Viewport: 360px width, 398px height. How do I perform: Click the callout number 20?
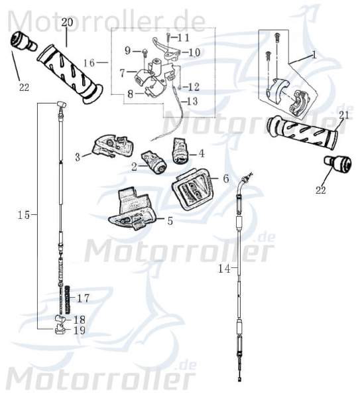coord(67,23)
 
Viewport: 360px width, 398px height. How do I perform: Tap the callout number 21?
coord(343,115)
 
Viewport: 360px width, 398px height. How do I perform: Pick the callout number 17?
coord(83,297)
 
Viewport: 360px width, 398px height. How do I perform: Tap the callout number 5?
coord(170,221)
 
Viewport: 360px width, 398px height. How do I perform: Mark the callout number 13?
coord(192,101)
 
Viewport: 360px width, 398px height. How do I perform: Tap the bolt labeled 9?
coord(143,50)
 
